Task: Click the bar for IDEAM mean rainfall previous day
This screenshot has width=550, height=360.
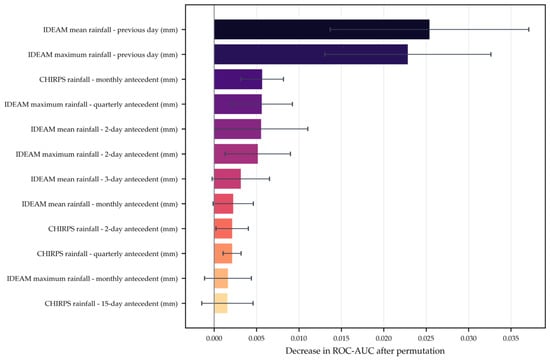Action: [322, 29]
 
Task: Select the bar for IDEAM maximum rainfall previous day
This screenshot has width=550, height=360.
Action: [311, 54]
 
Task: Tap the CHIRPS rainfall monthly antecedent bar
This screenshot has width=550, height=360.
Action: [238, 79]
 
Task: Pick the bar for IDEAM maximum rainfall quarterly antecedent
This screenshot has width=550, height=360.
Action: [238, 104]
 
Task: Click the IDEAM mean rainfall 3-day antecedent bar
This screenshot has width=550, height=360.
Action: [227, 179]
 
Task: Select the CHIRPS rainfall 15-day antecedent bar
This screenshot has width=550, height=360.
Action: [221, 303]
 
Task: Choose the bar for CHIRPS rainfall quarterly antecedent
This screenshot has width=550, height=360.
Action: [223, 253]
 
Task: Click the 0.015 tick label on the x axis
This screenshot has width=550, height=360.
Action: [341, 338]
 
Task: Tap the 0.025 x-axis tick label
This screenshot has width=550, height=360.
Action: [426, 338]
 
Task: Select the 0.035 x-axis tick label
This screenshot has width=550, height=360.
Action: [511, 338]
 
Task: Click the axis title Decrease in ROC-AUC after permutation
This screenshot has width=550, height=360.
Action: [365, 351]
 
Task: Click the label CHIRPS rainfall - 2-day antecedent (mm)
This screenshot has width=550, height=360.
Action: [113, 229]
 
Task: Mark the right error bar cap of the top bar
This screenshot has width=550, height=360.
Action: [529, 29]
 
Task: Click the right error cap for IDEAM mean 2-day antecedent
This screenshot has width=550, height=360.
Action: [308, 129]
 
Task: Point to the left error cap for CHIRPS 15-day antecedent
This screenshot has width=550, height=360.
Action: [202, 303]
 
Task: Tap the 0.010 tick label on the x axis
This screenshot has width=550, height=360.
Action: [299, 338]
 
